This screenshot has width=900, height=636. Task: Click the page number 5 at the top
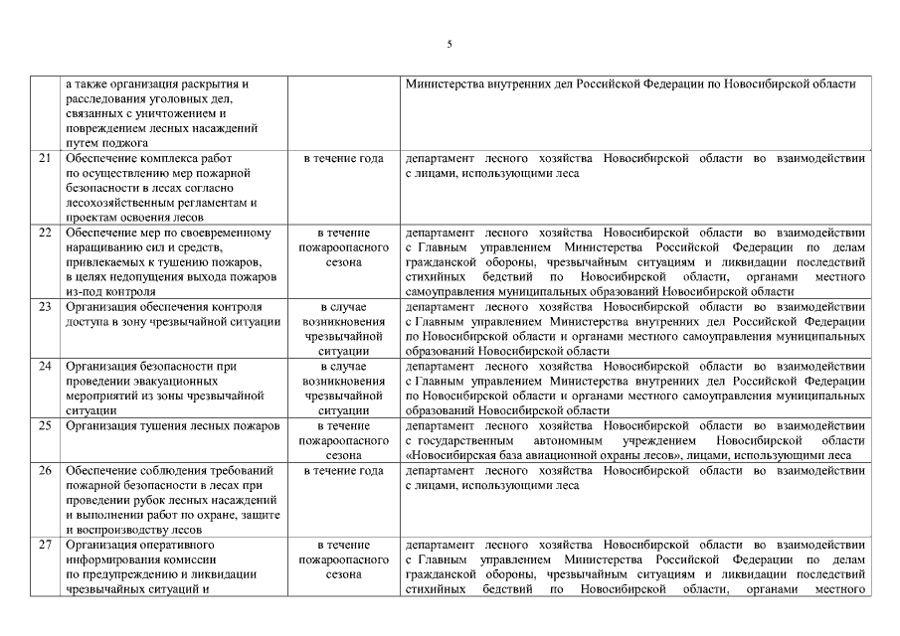click(450, 45)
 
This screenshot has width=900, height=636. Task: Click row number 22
click(45, 233)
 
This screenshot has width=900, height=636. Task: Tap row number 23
click(45, 306)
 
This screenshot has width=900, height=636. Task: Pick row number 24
click(45, 367)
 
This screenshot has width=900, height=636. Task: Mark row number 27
click(45, 546)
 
